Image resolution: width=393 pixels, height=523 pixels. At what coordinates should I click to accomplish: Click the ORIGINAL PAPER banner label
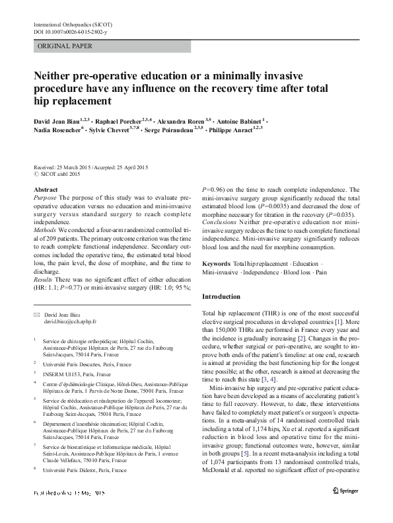click(65, 46)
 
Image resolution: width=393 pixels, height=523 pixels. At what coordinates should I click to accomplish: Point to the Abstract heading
click(46, 190)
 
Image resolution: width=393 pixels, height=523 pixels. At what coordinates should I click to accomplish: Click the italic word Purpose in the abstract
click(45, 198)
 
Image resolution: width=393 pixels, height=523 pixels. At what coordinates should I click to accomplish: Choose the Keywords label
click(217, 263)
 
